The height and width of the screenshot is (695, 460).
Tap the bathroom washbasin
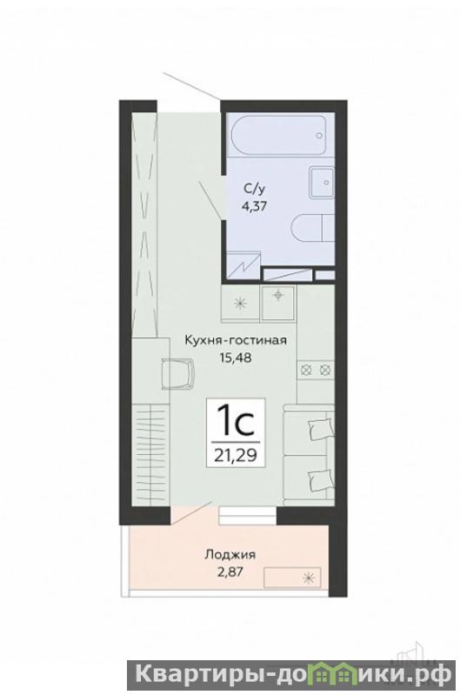pos(321,182)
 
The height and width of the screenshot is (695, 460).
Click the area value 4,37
pos(255,205)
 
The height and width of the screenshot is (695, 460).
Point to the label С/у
pos(255,190)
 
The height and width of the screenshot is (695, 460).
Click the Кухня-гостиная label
pos(236,340)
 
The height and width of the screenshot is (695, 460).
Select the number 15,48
pos(236,358)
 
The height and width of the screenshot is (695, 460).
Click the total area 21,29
pos(236,455)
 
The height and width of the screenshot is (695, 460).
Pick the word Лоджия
pos(230,554)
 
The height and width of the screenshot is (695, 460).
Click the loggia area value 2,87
pos(230,571)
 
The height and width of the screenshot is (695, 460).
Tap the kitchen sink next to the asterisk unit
pos(278,304)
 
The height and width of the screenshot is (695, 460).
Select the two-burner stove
pos(316,369)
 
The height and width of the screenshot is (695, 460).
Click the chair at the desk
pos(178,373)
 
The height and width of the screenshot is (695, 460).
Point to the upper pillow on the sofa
pos(321,428)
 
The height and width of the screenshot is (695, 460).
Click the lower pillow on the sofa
pos(321,479)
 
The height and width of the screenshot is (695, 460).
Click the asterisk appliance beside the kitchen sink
pos(241,304)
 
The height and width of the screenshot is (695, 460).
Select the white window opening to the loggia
pos(247,516)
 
